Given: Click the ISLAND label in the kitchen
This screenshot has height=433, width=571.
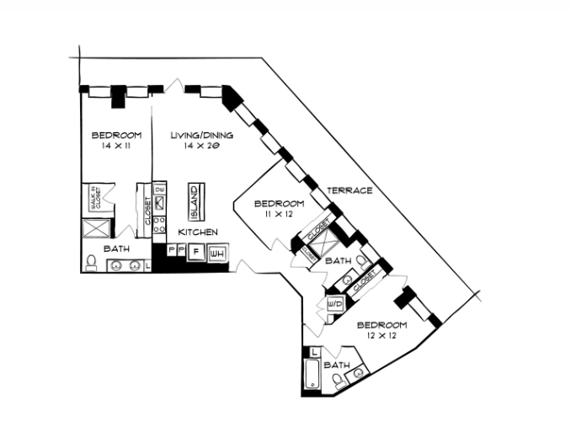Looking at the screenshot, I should click(x=193, y=201).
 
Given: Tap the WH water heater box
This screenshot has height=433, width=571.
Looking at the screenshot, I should click(x=217, y=253).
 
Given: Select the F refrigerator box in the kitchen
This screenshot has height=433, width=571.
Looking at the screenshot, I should click(x=195, y=252).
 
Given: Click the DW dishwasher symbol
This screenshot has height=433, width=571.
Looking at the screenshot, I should click(x=158, y=190).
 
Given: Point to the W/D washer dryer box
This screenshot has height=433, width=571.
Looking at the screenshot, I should click(x=332, y=303).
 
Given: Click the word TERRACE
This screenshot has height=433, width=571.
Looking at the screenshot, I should click(x=350, y=190).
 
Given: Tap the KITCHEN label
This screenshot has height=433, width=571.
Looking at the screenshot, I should click(x=199, y=232).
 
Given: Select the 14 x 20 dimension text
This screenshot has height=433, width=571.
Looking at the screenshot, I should click(x=201, y=146).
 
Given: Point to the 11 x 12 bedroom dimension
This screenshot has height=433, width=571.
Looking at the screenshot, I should click(x=278, y=215).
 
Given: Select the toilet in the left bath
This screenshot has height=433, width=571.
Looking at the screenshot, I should click(x=91, y=264).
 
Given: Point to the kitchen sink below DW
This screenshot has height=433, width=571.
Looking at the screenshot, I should click(x=158, y=205).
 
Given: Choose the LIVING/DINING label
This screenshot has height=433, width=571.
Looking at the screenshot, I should click(x=201, y=135).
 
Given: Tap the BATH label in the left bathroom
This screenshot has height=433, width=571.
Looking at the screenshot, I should click(x=116, y=249).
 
